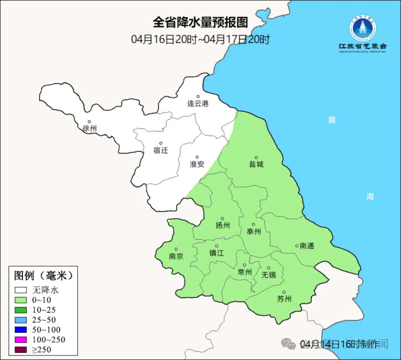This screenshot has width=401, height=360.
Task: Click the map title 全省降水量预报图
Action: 200,23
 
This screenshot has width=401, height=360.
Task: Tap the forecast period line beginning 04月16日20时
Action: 200,39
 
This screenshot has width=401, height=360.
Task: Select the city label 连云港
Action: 198,104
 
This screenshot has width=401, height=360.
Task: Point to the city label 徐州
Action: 89,129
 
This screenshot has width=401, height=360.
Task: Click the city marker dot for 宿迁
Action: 161,143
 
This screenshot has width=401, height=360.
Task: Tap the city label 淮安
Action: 197,164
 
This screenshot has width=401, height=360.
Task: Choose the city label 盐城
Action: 256,164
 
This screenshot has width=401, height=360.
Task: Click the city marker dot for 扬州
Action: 222,218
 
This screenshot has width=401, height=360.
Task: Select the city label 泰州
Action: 254,231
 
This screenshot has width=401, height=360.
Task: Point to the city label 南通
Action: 307,246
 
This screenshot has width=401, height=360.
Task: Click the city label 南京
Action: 176,256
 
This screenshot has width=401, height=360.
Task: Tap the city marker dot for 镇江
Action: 217,246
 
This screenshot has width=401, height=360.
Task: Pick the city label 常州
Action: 245,272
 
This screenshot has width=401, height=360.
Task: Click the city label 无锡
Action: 269,275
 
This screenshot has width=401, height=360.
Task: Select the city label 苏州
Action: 284,299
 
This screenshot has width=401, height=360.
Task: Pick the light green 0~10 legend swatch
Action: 21,300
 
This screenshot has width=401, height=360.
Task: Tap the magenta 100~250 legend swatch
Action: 21,340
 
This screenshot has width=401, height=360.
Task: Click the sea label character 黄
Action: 332,120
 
